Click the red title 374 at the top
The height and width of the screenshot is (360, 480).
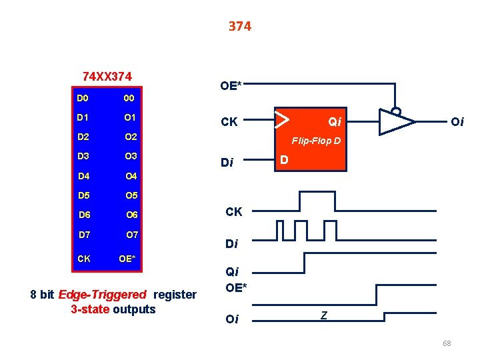click(x=239, y=26)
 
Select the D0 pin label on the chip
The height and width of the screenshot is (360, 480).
click(x=83, y=99)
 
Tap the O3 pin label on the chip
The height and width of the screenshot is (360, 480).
click(x=131, y=157)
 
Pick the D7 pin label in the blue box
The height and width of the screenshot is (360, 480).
click(x=84, y=235)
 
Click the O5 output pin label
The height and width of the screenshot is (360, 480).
click(x=131, y=196)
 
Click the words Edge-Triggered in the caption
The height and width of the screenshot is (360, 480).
click(x=103, y=295)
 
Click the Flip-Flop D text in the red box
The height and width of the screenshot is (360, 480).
click(x=316, y=141)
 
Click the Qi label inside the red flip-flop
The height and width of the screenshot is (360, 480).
click(x=334, y=121)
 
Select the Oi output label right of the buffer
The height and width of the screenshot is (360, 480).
click(x=457, y=121)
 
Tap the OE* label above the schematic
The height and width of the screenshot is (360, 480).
click(x=231, y=85)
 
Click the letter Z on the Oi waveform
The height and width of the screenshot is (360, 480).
click(x=323, y=315)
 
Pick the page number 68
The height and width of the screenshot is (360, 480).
click(x=447, y=343)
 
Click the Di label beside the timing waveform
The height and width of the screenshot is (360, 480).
click(x=231, y=244)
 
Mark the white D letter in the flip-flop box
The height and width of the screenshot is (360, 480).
click(x=284, y=161)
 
